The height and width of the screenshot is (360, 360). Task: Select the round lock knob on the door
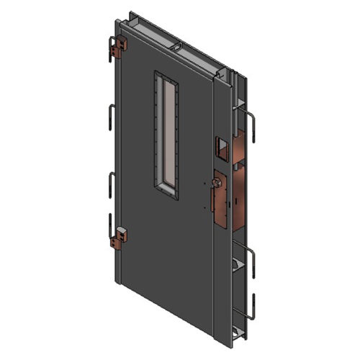coord(216,184)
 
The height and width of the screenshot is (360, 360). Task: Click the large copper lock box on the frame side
coord(232,194)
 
